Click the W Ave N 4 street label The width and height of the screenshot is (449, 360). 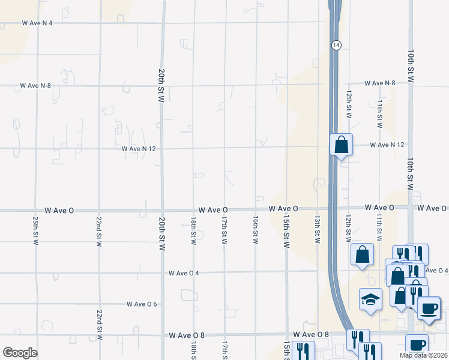pos(37,23)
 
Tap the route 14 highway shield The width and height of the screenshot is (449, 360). pos(336,45)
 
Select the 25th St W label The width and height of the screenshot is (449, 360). pos(36,231)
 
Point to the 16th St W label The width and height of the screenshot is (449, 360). pos(256,230)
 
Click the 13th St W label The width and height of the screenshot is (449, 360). pos(318,230)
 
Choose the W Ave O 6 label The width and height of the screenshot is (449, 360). pos(142,304)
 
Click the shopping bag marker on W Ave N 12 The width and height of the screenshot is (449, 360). pos(341,145)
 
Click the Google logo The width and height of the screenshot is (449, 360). pos(20,353)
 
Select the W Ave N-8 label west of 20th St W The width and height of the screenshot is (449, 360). pos(35,86)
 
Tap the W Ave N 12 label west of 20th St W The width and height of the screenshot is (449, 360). pos(138,148)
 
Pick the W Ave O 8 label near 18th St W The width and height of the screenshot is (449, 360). pos(187,335)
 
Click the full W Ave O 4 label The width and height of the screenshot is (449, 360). pos(184,273)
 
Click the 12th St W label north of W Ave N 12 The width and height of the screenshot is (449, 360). pos(348,104)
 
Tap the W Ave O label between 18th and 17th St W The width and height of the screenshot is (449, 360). pos(213,210)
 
